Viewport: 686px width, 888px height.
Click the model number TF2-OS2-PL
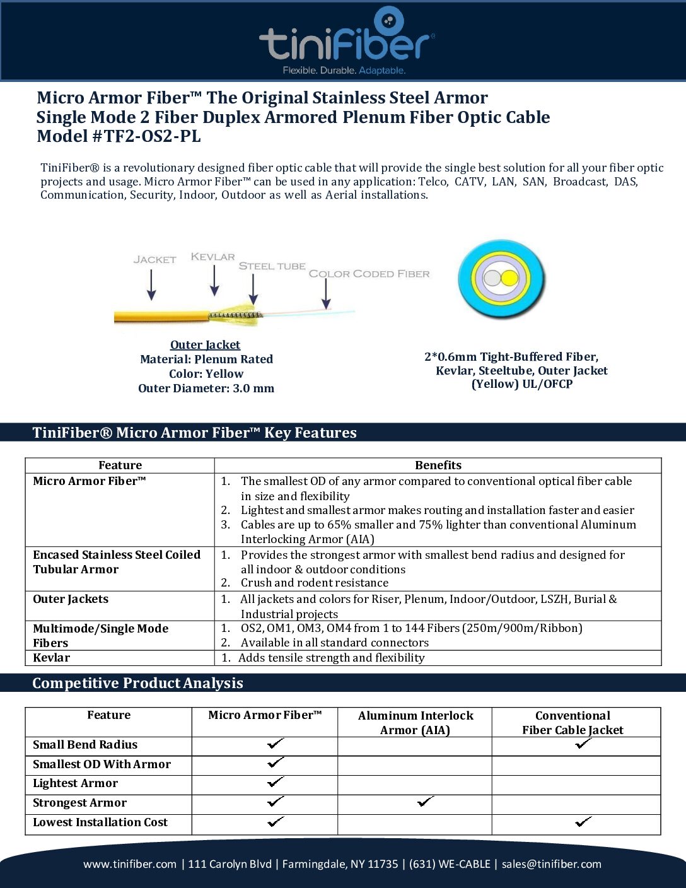(x=153, y=136)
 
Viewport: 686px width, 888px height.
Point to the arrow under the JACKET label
(x=151, y=284)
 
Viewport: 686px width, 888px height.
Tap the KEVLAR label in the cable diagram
(x=212, y=257)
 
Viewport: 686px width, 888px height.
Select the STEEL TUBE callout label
(x=272, y=266)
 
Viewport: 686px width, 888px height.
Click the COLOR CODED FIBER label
(x=369, y=274)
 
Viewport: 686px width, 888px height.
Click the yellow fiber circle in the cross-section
(x=509, y=278)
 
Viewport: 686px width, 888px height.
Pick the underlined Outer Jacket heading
(x=205, y=344)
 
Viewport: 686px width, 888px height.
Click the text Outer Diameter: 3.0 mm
(x=206, y=389)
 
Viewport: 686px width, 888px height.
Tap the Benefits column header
(x=438, y=465)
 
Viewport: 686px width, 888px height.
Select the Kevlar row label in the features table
(x=52, y=658)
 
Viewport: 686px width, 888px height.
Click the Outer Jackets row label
(x=71, y=599)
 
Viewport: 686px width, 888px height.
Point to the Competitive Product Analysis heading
(x=137, y=683)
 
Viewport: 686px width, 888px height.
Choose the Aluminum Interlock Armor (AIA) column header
(x=415, y=723)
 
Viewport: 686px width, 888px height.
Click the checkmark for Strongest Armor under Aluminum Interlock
(x=426, y=802)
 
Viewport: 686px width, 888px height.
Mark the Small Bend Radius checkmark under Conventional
(x=583, y=744)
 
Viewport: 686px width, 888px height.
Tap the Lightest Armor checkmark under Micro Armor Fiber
(x=276, y=783)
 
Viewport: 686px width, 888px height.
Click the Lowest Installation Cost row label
(x=100, y=822)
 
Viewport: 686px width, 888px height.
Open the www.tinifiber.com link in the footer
(x=130, y=864)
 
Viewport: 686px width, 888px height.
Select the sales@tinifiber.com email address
(x=551, y=864)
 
